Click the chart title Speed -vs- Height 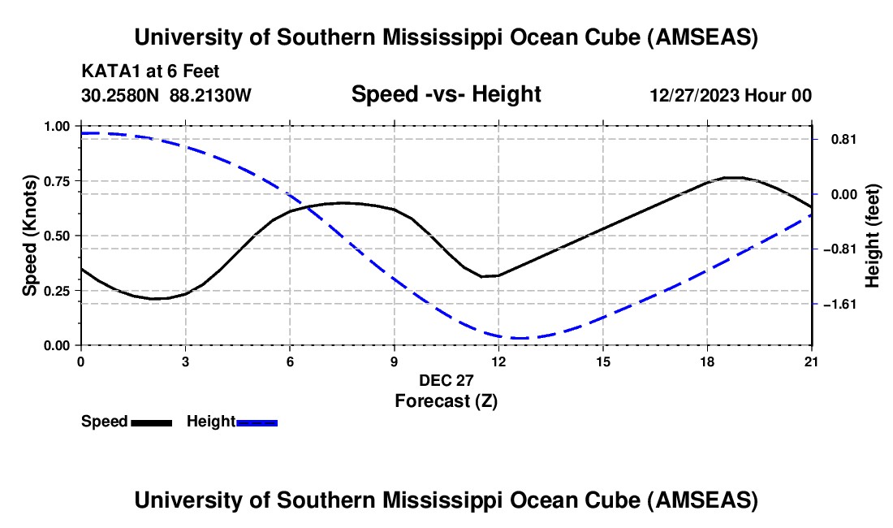[446, 94]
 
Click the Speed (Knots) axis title [30, 236]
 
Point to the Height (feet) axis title [873, 236]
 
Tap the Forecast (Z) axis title [446, 400]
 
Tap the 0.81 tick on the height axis [837, 139]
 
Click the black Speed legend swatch [151, 422]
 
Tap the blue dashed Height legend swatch [257, 422]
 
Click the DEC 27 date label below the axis [446, 380]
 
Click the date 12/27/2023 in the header [692, 95]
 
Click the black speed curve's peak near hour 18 [731, 177]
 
